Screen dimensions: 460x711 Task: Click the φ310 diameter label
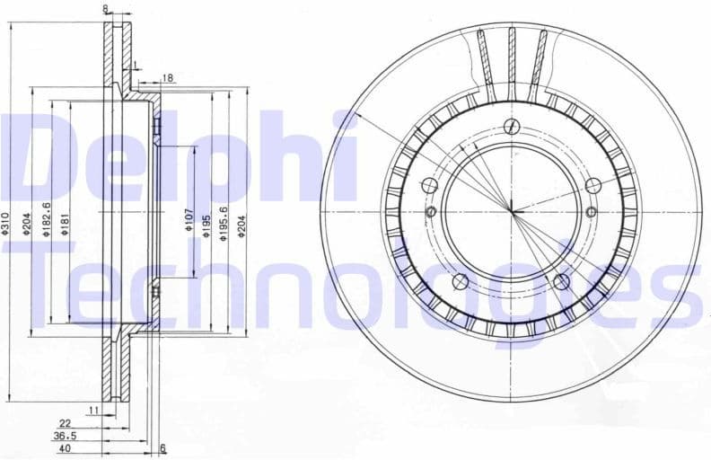pos(5,224)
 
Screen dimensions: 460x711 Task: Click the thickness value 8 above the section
pos(105,9)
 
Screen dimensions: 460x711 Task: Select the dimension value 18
pos(168,79)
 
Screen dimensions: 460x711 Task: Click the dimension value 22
pos(65,422)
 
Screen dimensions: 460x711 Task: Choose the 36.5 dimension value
pos(66,435)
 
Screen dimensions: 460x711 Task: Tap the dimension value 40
pos(65,447)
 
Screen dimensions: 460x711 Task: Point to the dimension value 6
pos(162,447)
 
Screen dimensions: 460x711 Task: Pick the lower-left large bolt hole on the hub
pos(461,282)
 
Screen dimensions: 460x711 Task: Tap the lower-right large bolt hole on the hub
pos(562,282)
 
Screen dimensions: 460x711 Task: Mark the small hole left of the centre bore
pos(432,212)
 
